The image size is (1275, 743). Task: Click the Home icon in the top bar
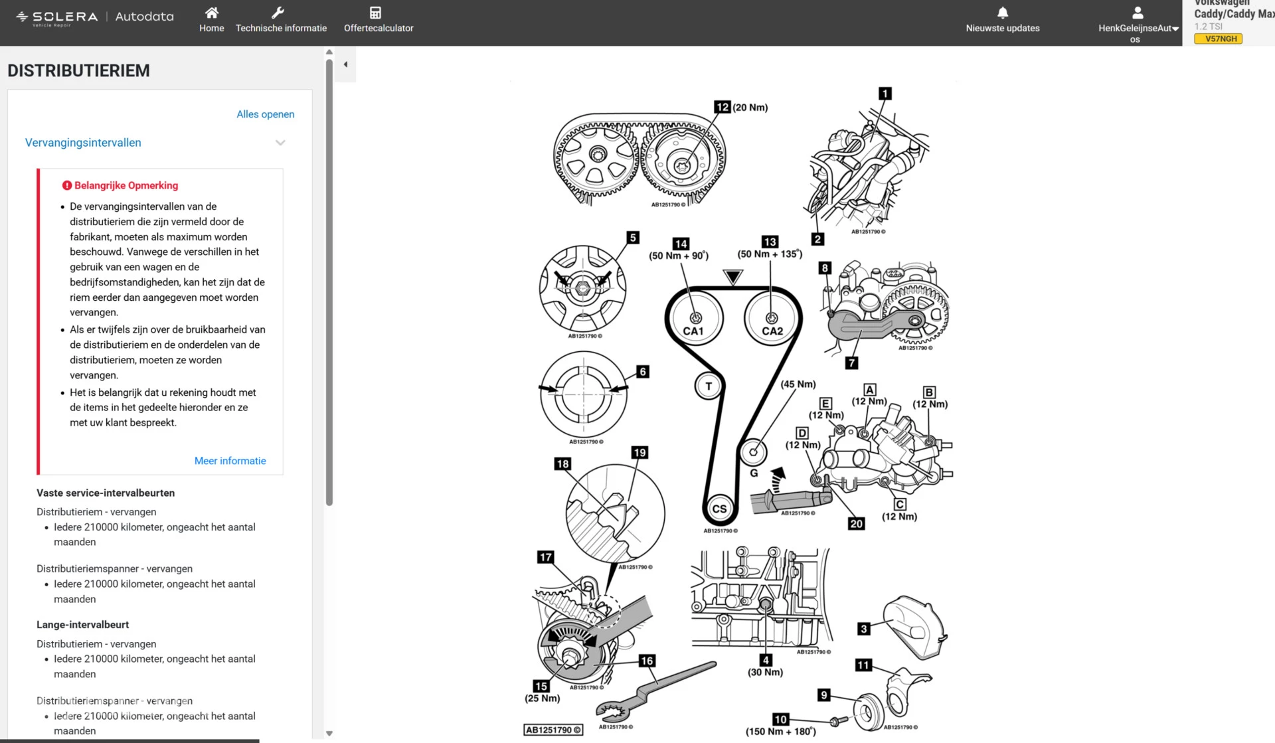211,13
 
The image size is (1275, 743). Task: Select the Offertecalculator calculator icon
375,13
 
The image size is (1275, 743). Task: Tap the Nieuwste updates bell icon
1003,13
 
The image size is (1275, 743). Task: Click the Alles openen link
265,114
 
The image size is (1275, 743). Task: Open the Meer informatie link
230,461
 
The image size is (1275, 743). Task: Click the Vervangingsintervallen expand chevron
280,143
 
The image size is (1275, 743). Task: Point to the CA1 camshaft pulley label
693,331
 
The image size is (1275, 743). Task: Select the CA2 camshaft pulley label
772,331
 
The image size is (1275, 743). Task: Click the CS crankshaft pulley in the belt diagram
719,509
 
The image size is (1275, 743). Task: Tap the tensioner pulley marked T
709,386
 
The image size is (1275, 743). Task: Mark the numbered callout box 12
722,107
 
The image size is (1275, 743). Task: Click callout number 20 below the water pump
856,524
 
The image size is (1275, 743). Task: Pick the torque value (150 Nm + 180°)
780,732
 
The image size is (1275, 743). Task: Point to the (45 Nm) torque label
798,384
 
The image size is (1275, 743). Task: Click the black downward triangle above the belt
733,277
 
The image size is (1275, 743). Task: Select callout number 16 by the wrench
647,661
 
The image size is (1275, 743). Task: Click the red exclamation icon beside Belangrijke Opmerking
67,186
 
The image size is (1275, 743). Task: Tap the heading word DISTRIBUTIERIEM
79,70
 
